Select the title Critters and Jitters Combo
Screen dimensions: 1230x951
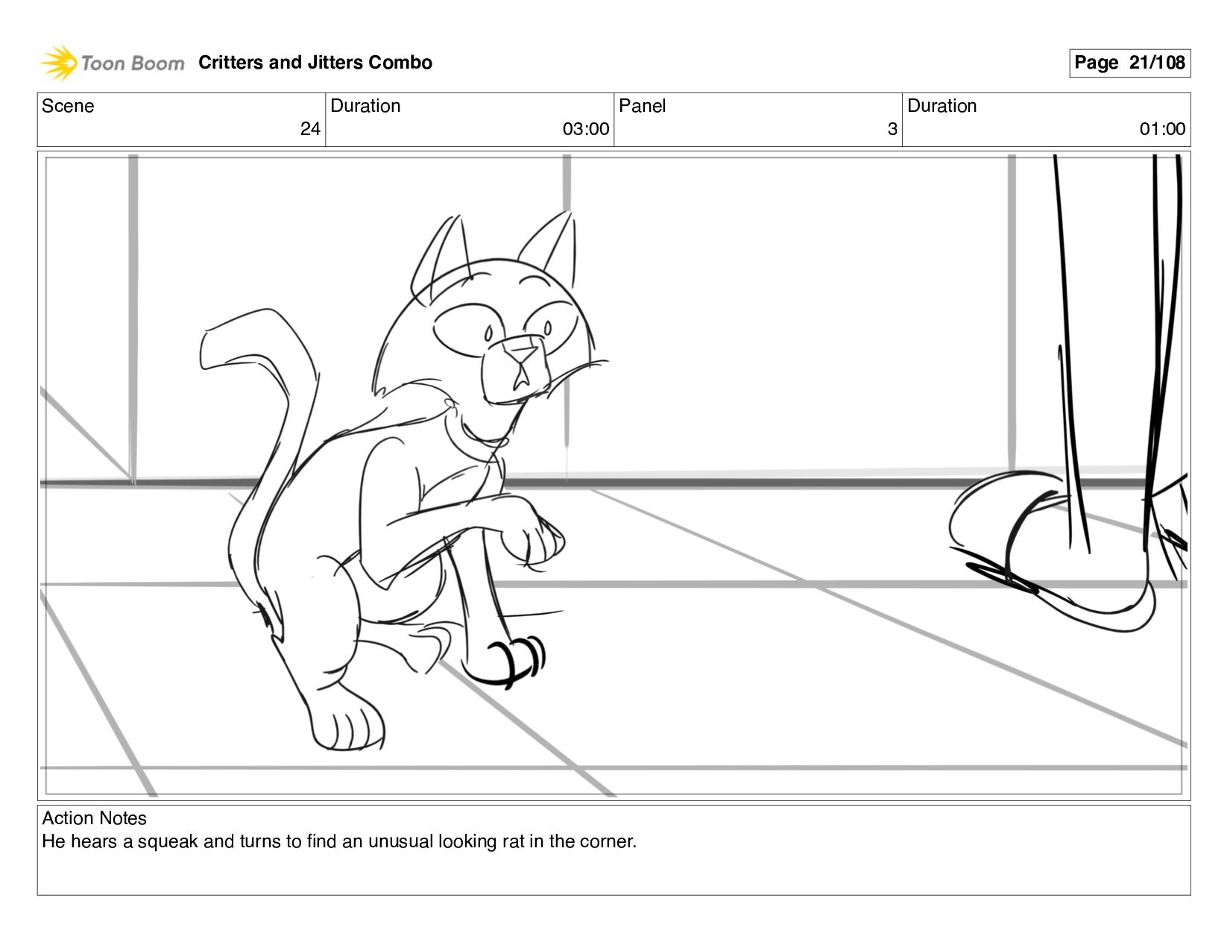click(315, 63)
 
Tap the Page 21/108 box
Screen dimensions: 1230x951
click(1129, 63)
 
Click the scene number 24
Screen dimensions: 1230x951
click(310, 129)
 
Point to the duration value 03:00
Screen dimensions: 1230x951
click(586, 129)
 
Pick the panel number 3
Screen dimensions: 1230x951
click(892, 129)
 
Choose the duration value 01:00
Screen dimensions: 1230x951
click(1162, 129)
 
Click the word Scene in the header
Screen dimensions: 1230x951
click(68, 106)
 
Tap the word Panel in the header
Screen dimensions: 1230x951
click(642, 106)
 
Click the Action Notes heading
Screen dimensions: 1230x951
click(94, 818)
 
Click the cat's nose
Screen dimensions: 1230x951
click(521, 355)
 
